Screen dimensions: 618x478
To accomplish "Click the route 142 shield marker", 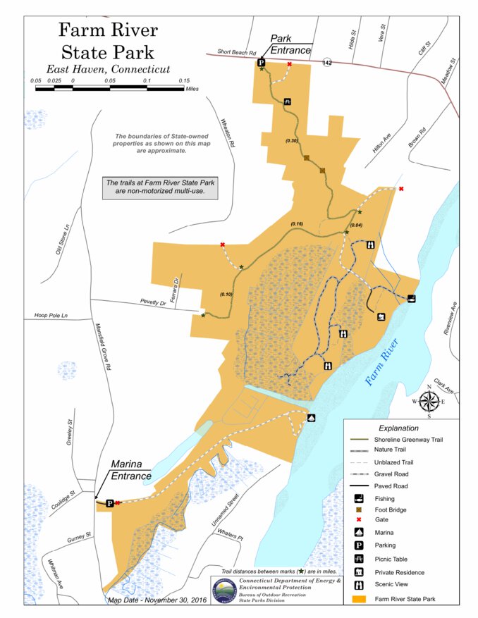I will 327,63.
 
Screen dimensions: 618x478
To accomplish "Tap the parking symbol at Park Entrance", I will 261,63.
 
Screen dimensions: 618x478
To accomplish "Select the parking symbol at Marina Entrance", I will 109,503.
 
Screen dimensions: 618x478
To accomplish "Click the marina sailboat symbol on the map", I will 311,418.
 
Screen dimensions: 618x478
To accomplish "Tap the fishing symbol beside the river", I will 411,298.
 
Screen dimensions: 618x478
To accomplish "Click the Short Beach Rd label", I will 236,52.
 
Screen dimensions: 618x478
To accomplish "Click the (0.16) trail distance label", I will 297,224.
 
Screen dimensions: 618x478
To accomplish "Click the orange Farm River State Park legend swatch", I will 360,599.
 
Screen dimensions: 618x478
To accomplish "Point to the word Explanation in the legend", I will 398,428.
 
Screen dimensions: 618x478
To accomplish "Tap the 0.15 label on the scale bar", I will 184,80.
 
